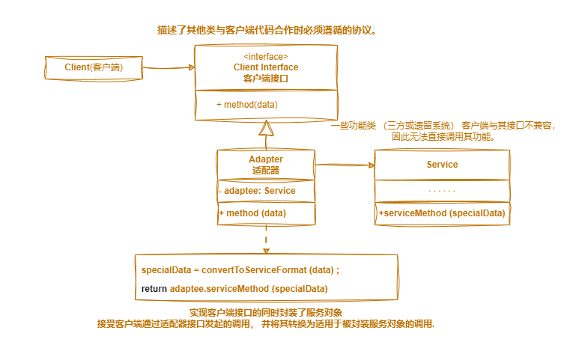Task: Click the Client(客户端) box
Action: (93, 67)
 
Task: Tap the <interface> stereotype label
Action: (265, 57)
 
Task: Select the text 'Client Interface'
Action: (266, 67)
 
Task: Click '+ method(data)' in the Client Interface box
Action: (247, 105)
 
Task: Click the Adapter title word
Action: (266, 159)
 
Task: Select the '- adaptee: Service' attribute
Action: (257, 191)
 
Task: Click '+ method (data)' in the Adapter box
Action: (252, 213)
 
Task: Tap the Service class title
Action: (442, 165)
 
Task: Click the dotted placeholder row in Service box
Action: (442, 192)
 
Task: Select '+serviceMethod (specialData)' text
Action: (442, 213)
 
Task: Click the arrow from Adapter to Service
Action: (345, 165)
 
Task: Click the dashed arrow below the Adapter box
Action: (266, 240)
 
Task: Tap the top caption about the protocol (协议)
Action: (267, 31)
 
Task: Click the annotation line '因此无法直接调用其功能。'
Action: (443, 137)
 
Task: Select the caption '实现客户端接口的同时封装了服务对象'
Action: (266, 312)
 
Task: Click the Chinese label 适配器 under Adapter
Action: (266, 170)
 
